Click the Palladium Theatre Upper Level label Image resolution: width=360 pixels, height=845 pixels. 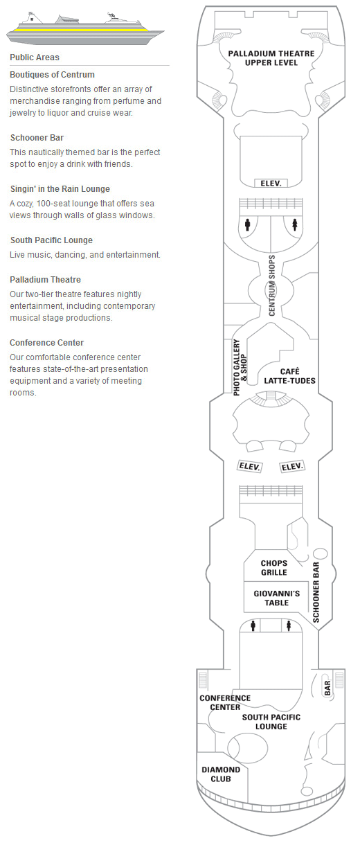tap(271, 58)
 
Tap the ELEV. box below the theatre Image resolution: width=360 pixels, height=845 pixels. tap(271, 184)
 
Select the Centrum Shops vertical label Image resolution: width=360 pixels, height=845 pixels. tap(272, 285)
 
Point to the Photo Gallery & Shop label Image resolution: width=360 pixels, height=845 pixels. tap(240, 367)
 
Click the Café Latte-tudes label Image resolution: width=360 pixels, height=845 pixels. tap(289, 376)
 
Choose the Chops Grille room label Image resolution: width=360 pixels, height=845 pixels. tap(274, 568)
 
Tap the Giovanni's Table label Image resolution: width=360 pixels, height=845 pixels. tap(277, 598)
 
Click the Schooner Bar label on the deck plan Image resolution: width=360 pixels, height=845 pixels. tap(316, 592)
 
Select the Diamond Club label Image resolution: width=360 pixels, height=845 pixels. tap(221, 774)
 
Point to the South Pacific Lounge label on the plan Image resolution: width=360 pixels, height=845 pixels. tap(271, 722)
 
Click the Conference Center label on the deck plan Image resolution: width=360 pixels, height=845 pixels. tap(225, 702)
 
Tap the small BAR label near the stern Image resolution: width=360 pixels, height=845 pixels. tap(327, 688)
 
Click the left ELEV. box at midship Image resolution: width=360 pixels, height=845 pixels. tap(249, 467)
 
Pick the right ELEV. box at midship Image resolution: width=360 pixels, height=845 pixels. tap(292, 467)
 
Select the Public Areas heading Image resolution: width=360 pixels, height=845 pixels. tap(35, 57)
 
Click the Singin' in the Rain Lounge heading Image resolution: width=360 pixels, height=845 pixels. tap(60, 189)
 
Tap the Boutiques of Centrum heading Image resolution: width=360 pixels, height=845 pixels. tap(52, 75)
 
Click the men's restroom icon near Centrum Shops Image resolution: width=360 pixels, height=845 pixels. tap(247, 225)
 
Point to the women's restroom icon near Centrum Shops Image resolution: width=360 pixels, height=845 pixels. tap(295, 225)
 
